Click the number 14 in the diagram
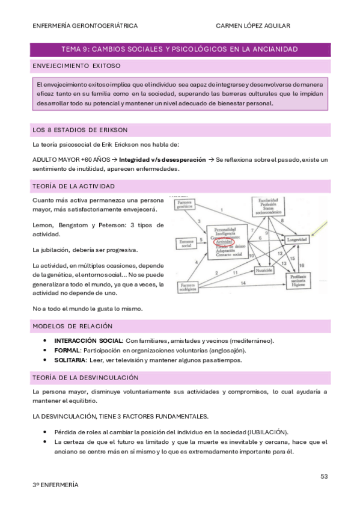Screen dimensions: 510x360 [243, 283]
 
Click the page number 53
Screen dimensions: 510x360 [324, 476]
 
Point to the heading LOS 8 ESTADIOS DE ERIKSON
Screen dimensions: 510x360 [79, 130]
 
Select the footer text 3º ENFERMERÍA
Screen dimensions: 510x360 [55, 484]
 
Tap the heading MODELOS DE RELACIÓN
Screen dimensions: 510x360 [73, 326]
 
